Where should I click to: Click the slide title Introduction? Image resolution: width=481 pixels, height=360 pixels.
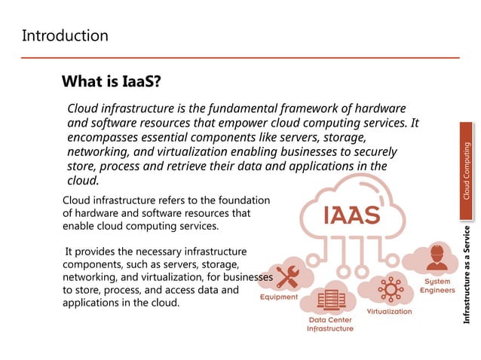65,35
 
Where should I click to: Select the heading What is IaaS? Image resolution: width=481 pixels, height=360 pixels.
112,81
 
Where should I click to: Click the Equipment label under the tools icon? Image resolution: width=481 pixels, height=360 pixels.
279,297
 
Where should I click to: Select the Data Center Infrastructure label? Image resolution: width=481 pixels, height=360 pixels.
330,324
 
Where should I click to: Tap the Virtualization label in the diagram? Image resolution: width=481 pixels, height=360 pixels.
389,311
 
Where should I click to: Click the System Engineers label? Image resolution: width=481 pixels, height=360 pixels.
437,285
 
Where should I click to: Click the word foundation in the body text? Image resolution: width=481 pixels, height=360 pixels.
238,200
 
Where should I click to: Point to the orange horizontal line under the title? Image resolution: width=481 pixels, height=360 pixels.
240,57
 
